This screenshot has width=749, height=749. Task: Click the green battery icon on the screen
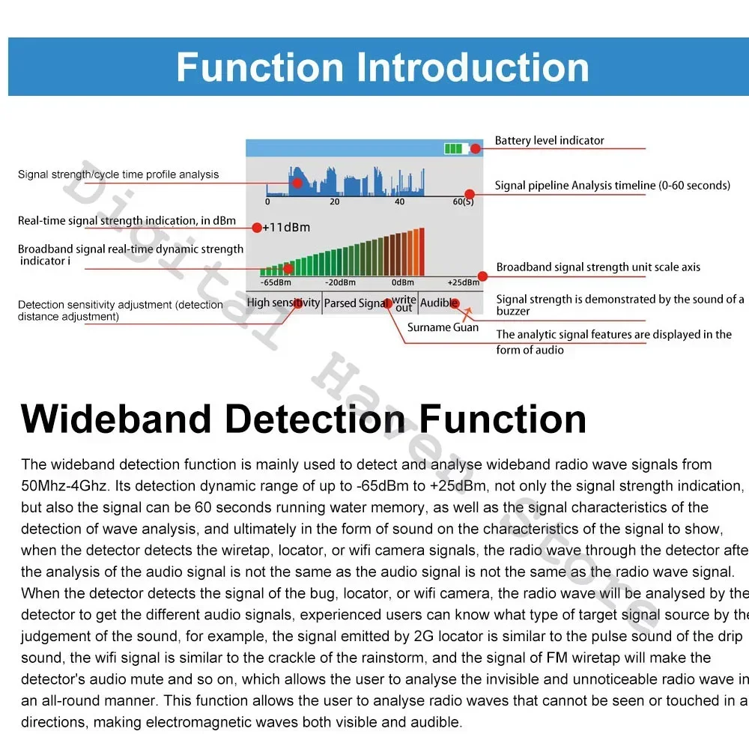[454, 148]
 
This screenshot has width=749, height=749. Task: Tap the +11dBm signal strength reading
[286, 227]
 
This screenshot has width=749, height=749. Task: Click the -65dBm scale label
[276, 283]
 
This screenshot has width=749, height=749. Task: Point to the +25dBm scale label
[463, 283]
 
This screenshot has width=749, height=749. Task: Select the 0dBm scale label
[402, 283]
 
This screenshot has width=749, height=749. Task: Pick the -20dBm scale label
[339, 283]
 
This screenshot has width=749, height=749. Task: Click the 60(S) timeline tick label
[463, 202]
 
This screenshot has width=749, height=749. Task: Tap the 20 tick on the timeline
[334, 202]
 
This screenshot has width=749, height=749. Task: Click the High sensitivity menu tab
[283, 303]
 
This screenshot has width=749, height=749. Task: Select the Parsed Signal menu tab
[356, 303]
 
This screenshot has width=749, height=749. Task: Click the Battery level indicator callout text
[549, 141]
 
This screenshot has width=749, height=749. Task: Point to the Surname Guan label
[443, 327]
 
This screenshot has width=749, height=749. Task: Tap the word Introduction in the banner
[472, 67]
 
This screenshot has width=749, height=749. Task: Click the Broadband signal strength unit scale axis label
[598, 267]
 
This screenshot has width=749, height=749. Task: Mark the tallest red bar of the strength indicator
[421, 252]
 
